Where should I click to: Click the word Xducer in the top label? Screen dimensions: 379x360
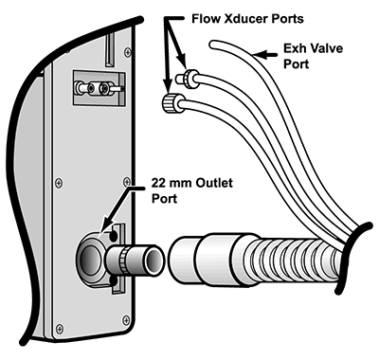tap(243, 19)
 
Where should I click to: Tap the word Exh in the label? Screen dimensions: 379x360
tap(294, 48)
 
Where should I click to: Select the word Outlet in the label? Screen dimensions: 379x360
tap(214, 183)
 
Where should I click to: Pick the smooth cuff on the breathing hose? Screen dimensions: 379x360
tap(201, 258)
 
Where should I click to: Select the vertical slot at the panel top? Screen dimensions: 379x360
tap(110, 49)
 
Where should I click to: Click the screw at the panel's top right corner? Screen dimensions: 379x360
tap(128, 51)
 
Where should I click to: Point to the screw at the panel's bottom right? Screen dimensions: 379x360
tap(126, 318)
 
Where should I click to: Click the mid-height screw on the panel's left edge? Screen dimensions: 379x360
tap(59, 182)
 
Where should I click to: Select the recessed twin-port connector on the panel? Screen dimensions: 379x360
tap(99, 88)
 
